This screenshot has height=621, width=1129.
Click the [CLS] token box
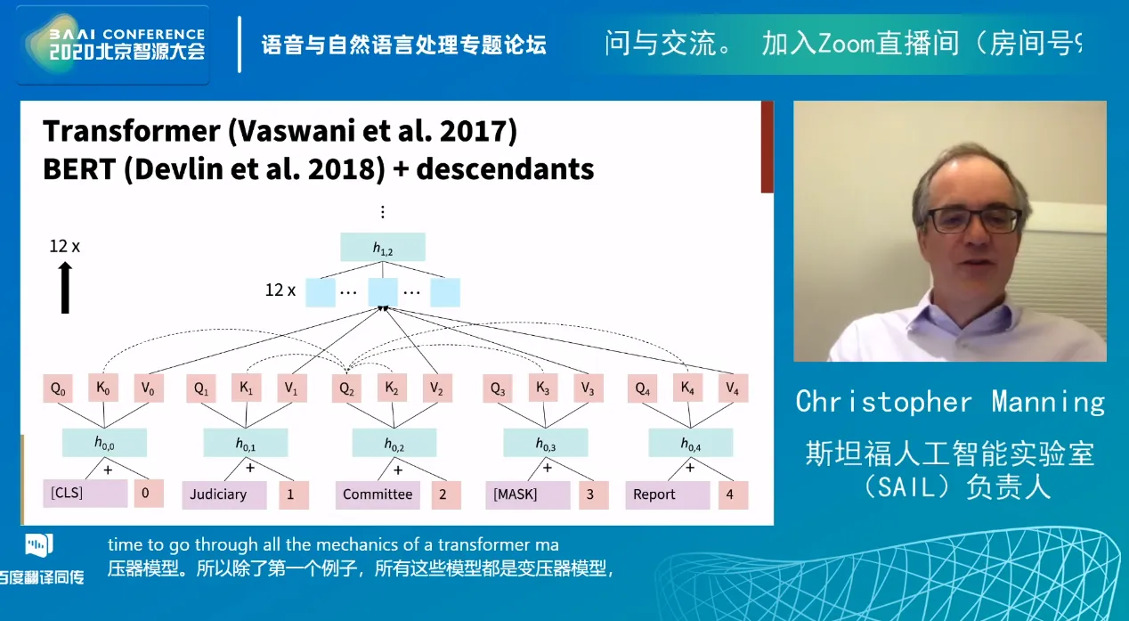point(85,494)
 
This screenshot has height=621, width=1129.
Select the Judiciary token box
point(224,494)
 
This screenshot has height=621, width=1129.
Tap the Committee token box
point(378,494)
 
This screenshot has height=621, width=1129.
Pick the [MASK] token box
point(528,494)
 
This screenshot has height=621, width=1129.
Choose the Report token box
point(668,494)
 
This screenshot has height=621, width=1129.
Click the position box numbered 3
point(593,494)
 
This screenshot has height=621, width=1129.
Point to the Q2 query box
point(346,388)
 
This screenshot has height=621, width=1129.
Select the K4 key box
point(687,388)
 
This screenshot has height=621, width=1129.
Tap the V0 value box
point(148,388)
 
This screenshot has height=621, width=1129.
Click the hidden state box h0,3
point(545,443)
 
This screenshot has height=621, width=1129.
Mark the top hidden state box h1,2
point(383,247)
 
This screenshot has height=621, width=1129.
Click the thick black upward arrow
point(65,288)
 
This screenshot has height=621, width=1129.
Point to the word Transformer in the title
point(132,131)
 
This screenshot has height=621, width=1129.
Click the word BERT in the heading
point(79,168)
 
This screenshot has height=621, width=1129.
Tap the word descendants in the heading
point(505,168)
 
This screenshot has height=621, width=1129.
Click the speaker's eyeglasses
point(974,220)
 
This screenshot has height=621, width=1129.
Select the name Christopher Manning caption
point(950,402)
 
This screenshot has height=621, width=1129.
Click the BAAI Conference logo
point(113,45)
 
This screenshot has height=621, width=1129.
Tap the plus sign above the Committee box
point(398,470)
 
